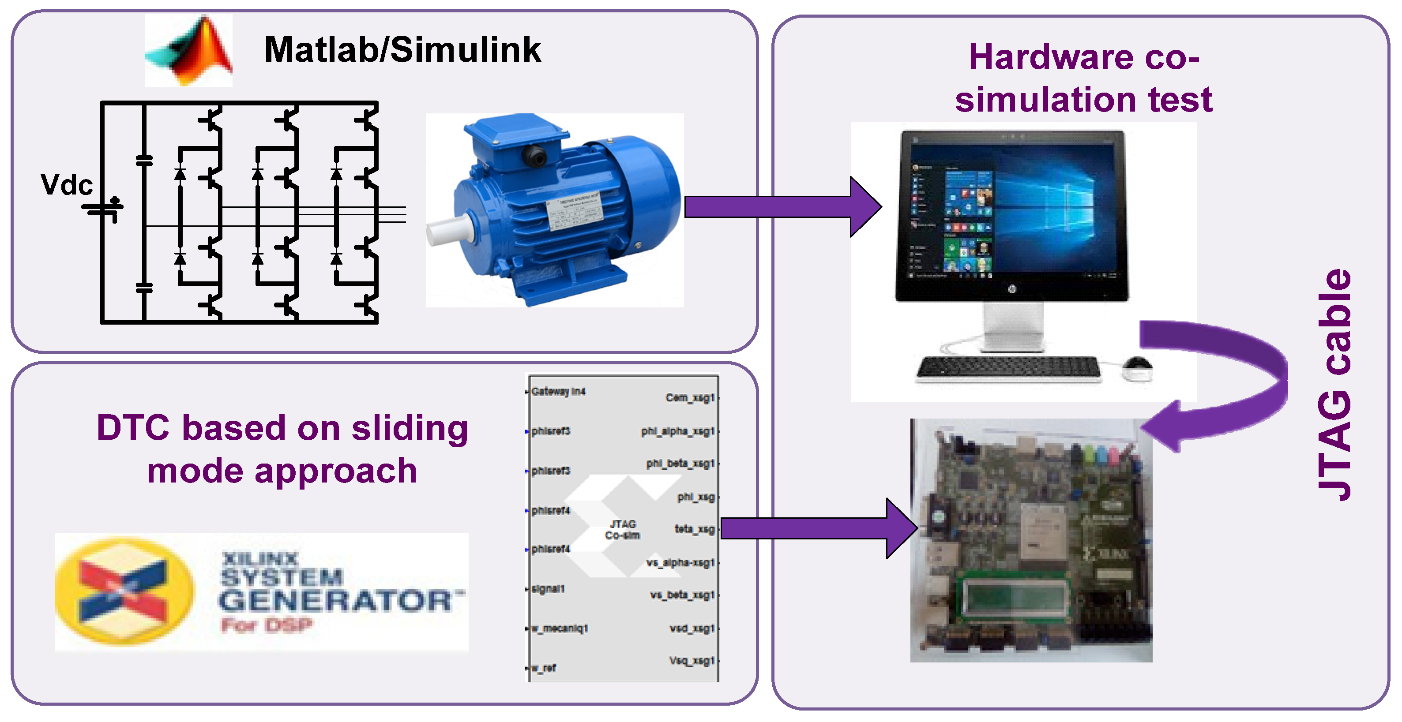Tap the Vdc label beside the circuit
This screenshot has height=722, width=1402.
(x=66, y=185)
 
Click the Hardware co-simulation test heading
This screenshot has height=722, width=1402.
(x=1083, y=79)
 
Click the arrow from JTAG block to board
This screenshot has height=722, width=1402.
(x=816, y=528)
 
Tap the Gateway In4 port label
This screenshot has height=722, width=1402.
(x=558, y=391)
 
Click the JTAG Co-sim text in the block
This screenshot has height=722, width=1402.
(x=623, y=529)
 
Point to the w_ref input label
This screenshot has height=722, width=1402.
(x=544, y=668)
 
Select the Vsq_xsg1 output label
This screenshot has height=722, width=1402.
(x=691, y=661)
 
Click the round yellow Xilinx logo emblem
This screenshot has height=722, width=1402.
(x=124, y=591)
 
